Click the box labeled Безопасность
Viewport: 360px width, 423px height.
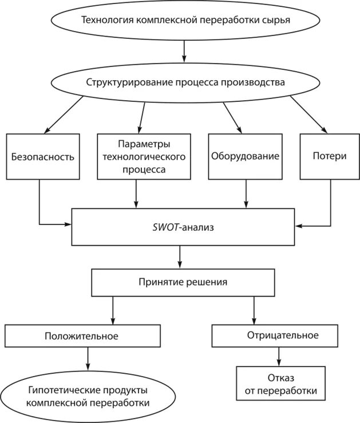click(43, 156)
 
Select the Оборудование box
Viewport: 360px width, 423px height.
click(245, 156)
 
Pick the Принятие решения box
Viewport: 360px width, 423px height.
click(183, 282)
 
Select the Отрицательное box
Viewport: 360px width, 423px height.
click(283, 335)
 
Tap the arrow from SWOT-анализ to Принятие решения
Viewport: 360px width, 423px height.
click(181, 256)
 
